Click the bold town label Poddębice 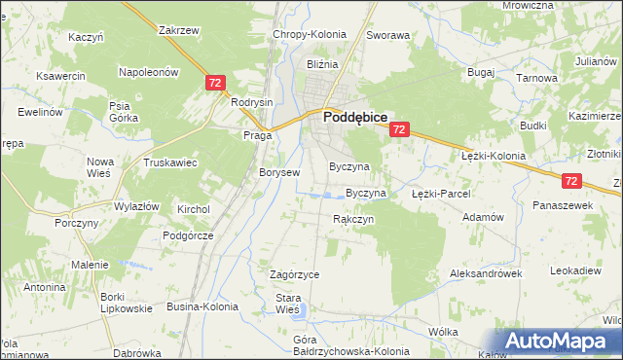click(x=356, y=116)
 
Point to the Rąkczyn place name click(x=353, y=219)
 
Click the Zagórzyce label click(x=287, y=274)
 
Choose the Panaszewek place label click(x=563, y=206)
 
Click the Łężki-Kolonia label click(x=493, y=156)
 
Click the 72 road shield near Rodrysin click(x=217, y=85)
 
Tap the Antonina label click(x=45, y=288)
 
